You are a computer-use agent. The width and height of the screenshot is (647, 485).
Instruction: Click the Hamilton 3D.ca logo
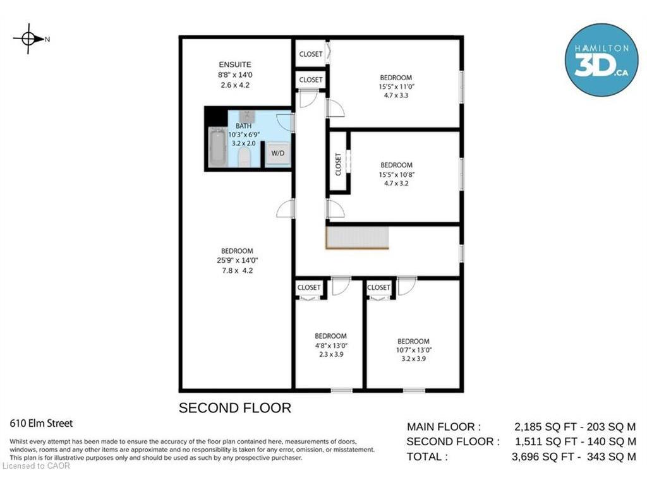tap(602, 60)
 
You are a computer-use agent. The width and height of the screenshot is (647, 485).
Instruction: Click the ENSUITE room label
tap(235, 65)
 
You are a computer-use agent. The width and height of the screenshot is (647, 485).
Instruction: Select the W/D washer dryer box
tap(278, 153)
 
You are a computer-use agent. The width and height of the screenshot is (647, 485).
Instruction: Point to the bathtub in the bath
tap(217, 147)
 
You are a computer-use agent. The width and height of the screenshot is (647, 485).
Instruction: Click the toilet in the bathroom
tap(245, 157)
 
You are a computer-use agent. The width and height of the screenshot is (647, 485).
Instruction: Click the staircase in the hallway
tap(358, 237)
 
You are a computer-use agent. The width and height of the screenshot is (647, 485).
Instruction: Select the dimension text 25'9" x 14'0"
tap(238, 261)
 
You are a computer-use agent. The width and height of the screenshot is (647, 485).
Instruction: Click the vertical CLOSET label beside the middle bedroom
tap(339, 164)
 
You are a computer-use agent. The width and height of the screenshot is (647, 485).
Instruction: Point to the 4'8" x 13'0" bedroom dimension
tap(331, 345)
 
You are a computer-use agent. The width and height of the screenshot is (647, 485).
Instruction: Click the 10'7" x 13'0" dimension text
tap(414, 350)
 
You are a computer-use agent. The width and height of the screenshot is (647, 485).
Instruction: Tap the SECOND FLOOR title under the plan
tap(235, 408)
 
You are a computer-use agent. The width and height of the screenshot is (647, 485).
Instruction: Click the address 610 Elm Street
tap(41, 424)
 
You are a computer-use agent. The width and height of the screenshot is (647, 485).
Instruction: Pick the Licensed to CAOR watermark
tap(36, 466)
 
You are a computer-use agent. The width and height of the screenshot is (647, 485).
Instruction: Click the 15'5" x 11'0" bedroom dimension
tap(397, 87)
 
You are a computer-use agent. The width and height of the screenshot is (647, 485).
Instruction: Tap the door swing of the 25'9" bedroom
tap(285, 208)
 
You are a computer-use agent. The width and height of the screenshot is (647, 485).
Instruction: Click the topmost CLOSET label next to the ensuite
tap(311, 54)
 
